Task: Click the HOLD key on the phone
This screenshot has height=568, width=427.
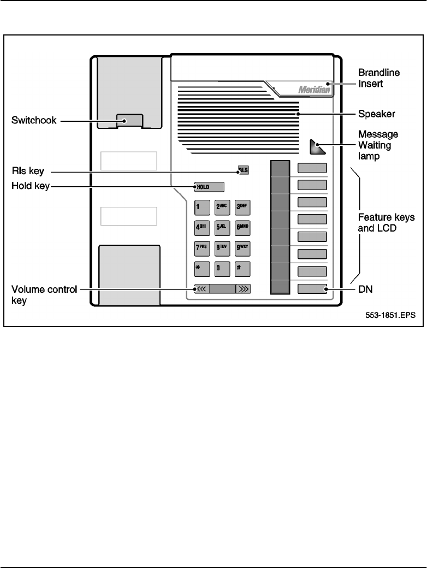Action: click(x=210, y=187)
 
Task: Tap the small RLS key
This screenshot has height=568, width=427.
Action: click(x=242, y=170)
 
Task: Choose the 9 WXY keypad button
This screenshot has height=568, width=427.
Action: click(x=242, y=248)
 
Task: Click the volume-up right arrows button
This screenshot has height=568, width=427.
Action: click(x=243, y=289)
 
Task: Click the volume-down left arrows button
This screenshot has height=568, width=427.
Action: click(x=201, y=289)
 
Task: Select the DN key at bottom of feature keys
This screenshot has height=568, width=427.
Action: click(x=312, y=289)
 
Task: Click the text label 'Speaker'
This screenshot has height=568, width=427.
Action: click(x=376, y=114)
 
